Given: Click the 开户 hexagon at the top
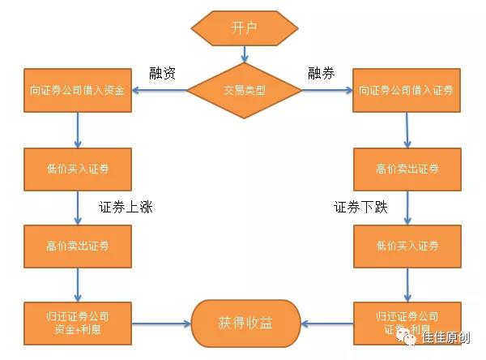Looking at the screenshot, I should pos(243,28).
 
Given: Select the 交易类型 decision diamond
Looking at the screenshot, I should pos(244,90).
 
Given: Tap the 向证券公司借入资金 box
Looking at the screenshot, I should pos(79,90).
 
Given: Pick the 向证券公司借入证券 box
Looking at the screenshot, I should pos(407,90).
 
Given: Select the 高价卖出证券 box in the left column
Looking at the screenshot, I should pos(79,246).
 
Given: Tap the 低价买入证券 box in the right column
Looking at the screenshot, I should pos(407,246).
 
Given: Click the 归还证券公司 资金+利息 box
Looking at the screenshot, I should pos(79,322).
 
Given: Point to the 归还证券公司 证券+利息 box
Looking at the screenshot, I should pos(407,322).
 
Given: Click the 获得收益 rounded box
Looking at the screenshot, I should pos(245,323).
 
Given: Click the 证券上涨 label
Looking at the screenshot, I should pos(126,207).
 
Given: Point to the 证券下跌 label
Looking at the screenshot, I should pos(361,207).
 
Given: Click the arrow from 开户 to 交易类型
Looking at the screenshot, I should pos(244,54).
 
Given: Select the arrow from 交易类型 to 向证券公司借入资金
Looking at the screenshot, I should pos(160,90).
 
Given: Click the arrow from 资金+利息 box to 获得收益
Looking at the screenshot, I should pos(161,323).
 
